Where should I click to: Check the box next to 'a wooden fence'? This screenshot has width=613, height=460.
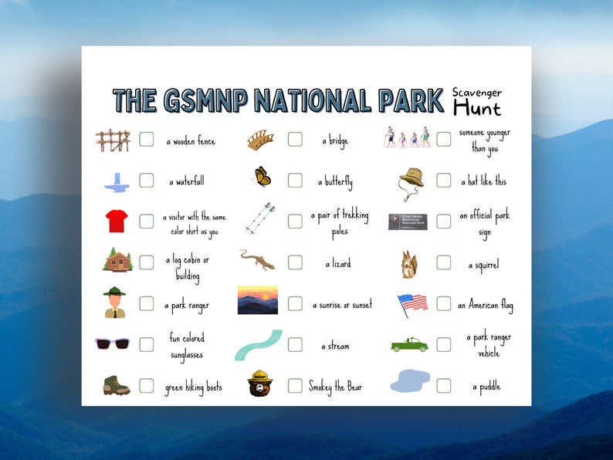click(147, 140)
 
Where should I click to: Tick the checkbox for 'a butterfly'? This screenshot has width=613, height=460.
click(295, 181)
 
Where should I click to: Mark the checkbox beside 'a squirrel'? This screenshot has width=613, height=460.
click(443, 263)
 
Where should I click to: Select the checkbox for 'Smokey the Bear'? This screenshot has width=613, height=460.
click(295, 385)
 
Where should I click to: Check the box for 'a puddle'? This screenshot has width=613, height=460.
click(443, 385)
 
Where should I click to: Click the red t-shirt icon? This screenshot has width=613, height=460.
click(117, 221)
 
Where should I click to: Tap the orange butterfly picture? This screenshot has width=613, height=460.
click(263, 177)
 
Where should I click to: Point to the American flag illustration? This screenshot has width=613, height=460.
click(412, 303)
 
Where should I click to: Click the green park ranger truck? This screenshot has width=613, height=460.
click(408, 344)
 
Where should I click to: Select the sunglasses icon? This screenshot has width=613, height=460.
click(112, 343)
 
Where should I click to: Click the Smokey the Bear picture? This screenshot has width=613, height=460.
click(260, 383)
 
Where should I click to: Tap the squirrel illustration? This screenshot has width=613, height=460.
click(408, 265)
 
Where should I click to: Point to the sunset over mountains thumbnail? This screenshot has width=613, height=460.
click(258, 300)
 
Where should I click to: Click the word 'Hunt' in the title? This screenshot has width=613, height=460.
click(476, 108)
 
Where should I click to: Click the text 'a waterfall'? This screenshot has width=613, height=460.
click(187, 182)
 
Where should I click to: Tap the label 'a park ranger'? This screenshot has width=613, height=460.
click(186, 306)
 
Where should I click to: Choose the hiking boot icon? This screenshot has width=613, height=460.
click(117, 385)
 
